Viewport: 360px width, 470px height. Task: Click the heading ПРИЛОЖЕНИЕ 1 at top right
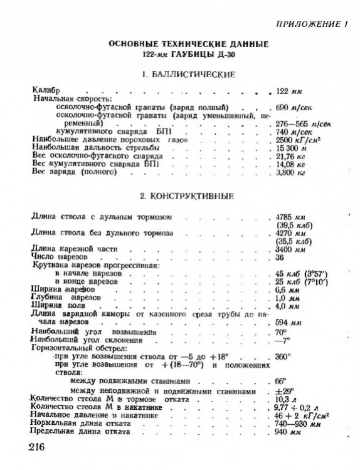pyautogui.click(x=311, y=24)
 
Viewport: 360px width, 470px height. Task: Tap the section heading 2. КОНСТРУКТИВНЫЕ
pyautogui.click(x=179, y=196)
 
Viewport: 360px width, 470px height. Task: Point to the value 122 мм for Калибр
pyautogui.click(x=290, y=91)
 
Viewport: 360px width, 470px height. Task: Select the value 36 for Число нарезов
pyautogui.click(x=281, y=257)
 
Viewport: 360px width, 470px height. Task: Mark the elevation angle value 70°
pyautogui.click(x=281, y=330)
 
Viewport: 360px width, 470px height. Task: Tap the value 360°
pyautogui.click(x=284, y=355)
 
